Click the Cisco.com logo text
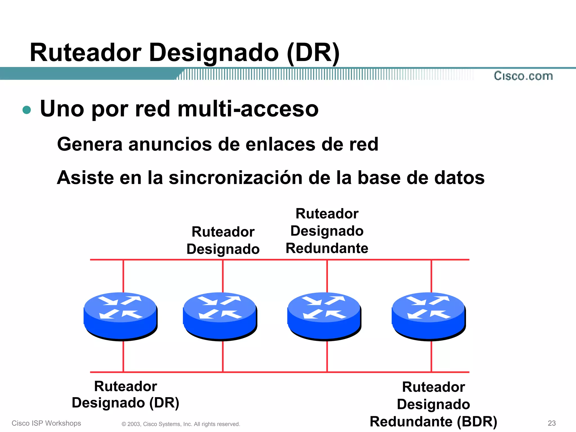click(523, 76)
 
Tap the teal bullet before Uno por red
click(27, 110)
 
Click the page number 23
click(552, 423)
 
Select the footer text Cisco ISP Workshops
click(46, 423)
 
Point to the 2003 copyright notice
click(181, 424)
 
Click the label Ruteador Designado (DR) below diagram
click(125, 394)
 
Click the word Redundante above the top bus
click(327, 248)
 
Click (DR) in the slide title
click(313, 53)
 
